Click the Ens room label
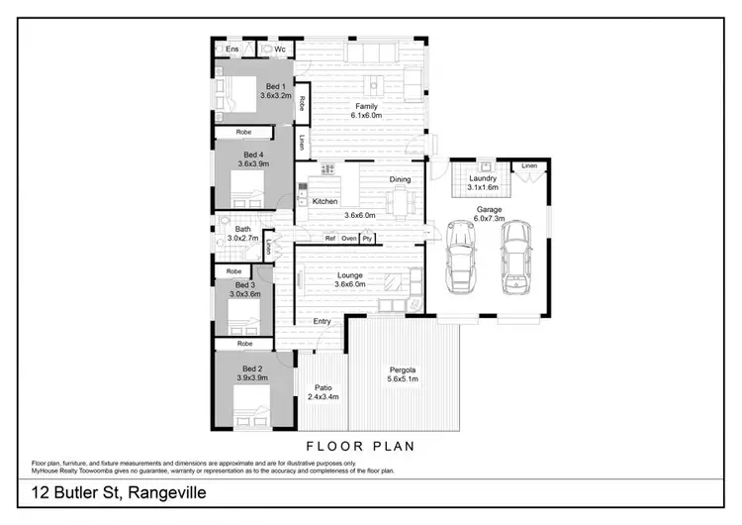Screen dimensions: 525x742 [232, 49]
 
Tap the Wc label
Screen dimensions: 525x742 [280, 49]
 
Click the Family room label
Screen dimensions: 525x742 [366, 106]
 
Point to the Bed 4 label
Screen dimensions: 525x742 [253, 155]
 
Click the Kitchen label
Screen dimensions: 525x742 [325, 201]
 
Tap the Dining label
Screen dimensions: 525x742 [400, 179]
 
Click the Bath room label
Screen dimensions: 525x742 [242, 229]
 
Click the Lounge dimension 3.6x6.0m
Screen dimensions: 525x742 [349, 284]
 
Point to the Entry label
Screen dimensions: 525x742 [323, 321]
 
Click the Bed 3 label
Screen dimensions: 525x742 [245, 285]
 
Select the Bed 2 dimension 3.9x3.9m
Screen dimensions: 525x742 [252, 377]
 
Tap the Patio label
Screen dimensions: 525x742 [323, 387]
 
